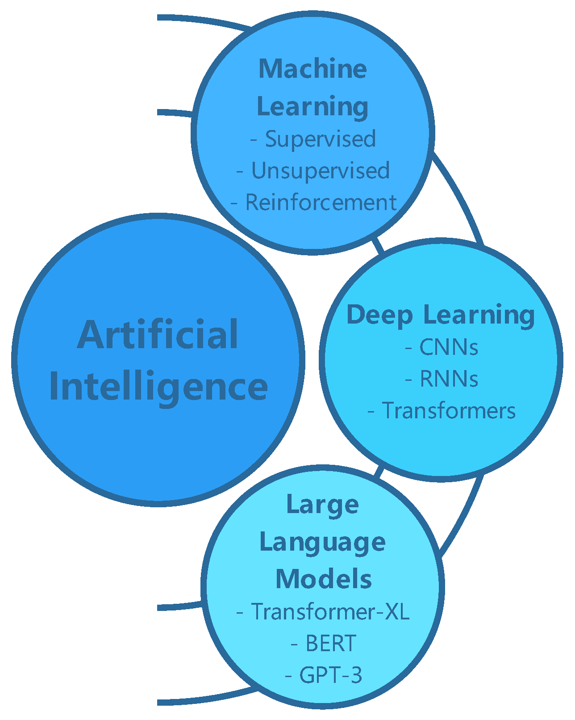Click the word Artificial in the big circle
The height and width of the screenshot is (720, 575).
coord(158,335)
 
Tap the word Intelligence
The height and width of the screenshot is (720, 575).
coord(158,387)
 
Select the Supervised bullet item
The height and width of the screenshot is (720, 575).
coord(320,139)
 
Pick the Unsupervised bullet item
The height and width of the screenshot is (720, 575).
coord(320,171)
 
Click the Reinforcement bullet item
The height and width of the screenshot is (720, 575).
coord(321,202)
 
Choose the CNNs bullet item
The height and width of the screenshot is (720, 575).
coord(448,347)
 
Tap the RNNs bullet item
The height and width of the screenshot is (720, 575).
coord(449,379)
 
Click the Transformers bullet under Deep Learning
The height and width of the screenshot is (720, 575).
coord(448,411)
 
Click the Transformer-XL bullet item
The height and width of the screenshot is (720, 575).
coord(329,611)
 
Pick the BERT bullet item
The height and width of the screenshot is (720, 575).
coord(330,644)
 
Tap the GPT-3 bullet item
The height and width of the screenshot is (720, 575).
coord(330,675)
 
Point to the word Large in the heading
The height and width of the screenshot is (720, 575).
coord(322,505)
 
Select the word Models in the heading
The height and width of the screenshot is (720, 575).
coord(324,579)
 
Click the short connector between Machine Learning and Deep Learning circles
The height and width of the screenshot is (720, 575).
coord(378,245)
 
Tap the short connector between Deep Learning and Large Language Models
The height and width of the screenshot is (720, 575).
coord(379,472)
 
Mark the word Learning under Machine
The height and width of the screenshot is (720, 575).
coord(312,107)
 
